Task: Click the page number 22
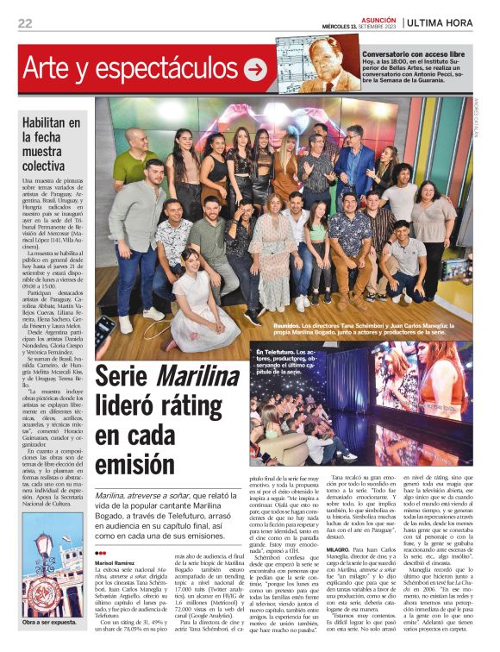coord(25,23)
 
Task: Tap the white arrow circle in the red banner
coord(255,69)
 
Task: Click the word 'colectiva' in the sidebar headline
coord(47,164)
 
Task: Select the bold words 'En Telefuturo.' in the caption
coord(278,352)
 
